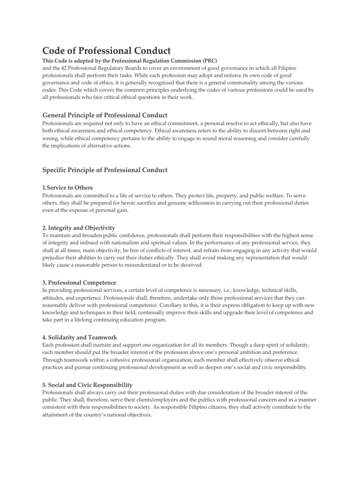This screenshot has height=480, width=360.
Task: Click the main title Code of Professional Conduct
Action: (106, 50)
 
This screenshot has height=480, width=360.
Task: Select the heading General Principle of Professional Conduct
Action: (105, 115)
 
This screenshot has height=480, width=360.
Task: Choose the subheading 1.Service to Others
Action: (67, 187)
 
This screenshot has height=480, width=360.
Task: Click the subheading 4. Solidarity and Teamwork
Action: (80, 337)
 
